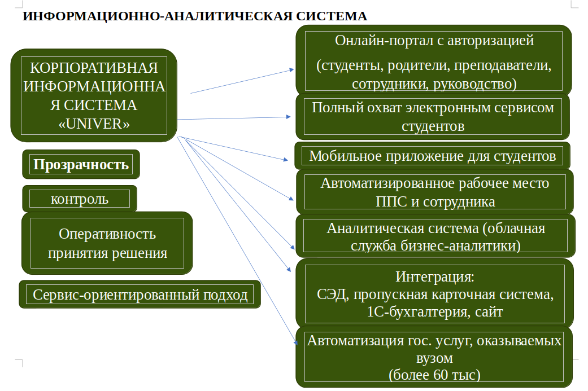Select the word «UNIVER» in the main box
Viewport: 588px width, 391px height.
[94, 124]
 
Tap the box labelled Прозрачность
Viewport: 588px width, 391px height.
[81, 165]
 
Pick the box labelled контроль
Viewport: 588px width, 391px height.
[80, 199]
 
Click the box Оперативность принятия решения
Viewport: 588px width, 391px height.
[107, 243]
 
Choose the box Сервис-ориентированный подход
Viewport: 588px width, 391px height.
[140, 295]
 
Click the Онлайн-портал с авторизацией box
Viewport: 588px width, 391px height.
[434, 61]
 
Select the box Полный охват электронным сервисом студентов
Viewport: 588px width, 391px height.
[433, 117]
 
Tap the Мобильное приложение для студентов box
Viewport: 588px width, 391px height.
[433, 156]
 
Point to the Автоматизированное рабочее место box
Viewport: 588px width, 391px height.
[435, 192]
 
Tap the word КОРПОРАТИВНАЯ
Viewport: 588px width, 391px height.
[94, 69]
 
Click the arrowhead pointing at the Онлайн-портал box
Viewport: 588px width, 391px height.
[291, 70]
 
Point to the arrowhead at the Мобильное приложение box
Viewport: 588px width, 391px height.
[285, 160]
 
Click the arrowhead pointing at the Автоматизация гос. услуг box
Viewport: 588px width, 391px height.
[294, 341]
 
